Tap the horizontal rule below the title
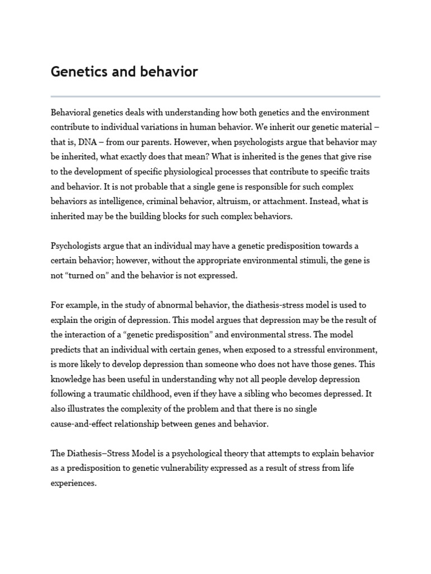pos(215,96)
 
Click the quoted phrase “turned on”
pos(85,275)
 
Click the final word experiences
pos(73,483)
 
